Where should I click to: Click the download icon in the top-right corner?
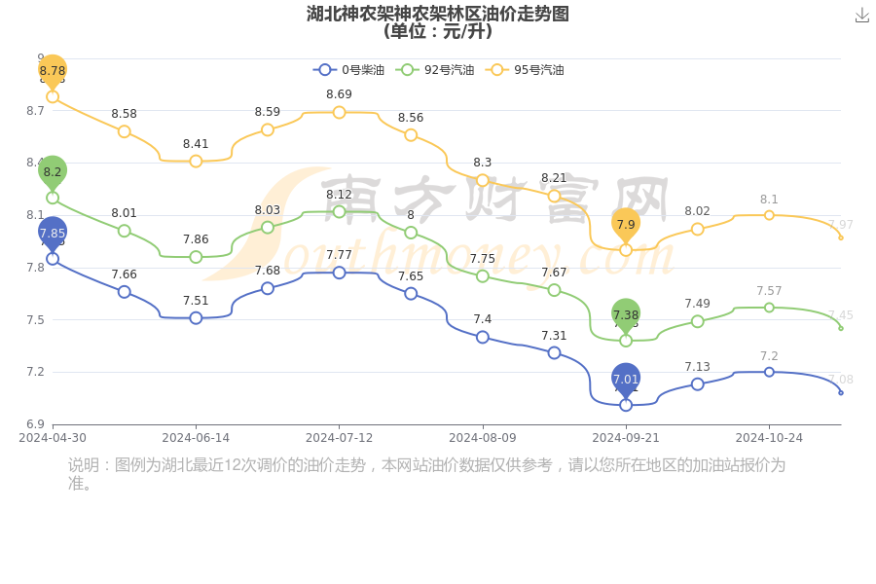(861, 16)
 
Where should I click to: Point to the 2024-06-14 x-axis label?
(196, 438)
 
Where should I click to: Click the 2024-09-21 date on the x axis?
(626, 438)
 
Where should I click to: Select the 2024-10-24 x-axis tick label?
(769, 438)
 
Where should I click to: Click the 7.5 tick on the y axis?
(35, 319)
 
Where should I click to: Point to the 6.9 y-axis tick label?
(35, 424)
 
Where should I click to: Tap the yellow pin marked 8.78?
(53, 71)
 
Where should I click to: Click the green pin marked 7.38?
(626, 314)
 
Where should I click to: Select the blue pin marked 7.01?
(626, 379)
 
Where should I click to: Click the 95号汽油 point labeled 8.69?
(339, 113)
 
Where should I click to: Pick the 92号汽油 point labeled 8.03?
(268, 228)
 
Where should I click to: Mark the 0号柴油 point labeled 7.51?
(196, 318)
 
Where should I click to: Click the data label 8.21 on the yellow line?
(554, 178)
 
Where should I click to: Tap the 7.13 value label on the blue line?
(697, 367)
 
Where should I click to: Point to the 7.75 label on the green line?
(483, 259)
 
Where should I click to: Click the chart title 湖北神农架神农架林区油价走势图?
(437, 14)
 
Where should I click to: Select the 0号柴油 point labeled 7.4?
(483, 337)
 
